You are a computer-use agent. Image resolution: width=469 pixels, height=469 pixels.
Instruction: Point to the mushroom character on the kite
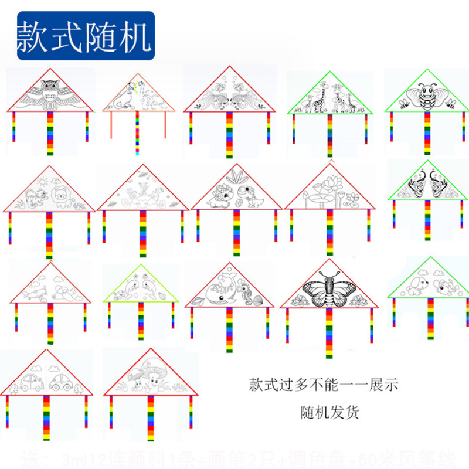point(151,376)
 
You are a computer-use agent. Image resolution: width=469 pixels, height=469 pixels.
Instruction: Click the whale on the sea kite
point(219,290)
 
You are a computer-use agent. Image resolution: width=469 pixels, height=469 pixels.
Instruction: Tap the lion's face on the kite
point(60,196)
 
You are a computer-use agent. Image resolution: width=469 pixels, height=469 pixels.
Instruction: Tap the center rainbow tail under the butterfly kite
point(329,331)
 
